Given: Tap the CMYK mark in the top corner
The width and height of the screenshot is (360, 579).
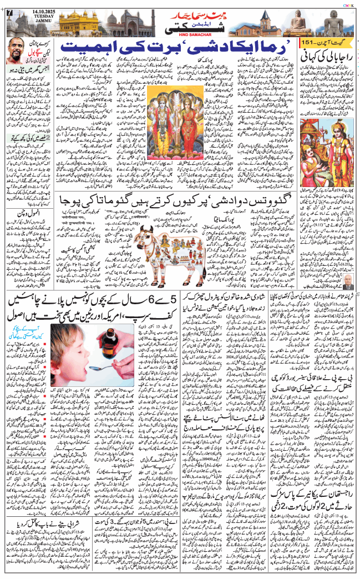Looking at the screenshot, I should pos(348,3).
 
